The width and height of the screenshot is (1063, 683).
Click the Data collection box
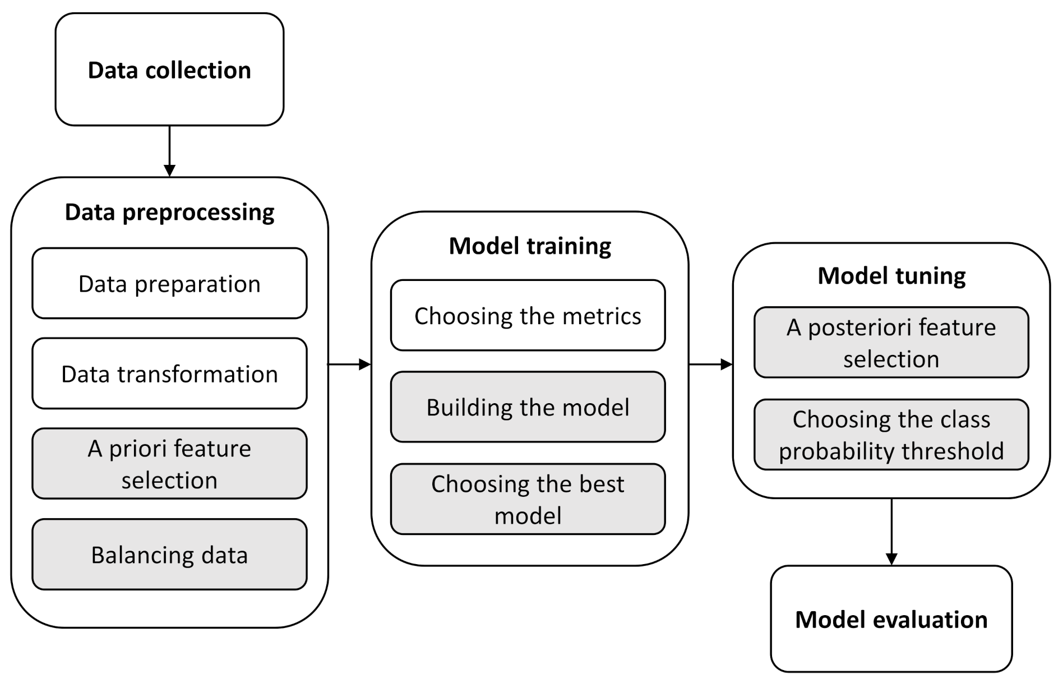(169, 70)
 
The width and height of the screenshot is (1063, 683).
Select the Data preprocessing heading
(169, 212)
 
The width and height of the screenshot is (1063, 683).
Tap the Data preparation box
(169, 284)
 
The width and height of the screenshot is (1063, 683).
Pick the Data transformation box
(169, 373)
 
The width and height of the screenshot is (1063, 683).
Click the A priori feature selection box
(169, 464)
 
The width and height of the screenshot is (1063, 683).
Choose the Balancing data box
(169, 555)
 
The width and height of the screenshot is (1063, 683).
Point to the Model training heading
(530, 246)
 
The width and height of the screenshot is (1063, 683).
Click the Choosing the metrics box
(528, 316)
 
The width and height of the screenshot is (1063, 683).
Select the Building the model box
(528, 407)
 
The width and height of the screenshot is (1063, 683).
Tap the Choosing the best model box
(528, 499)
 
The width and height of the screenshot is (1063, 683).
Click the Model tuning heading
(891, 275)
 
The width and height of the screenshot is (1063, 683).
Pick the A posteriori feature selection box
(891, 343)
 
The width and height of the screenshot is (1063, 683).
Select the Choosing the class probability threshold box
(891, 435)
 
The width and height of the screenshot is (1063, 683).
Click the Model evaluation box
(891, 619)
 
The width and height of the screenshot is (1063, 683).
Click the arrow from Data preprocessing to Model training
(349, 364)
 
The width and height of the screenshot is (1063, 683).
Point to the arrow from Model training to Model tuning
(710, 364)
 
